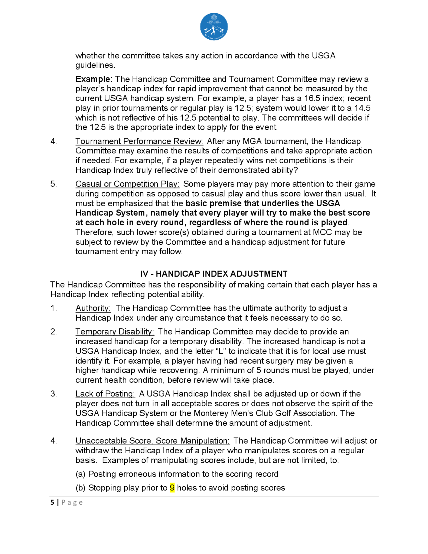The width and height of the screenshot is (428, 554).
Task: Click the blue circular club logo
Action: tap(214, 27)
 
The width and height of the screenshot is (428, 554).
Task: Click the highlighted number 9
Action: tap(172, 488)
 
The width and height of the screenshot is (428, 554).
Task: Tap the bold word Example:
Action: tap(94, 79)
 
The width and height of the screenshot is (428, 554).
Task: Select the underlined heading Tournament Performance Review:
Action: tap(139, 141)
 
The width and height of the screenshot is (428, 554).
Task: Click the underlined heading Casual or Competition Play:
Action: tap(127, 184)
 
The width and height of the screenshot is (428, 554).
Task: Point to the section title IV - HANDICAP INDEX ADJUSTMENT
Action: tap(214, 274)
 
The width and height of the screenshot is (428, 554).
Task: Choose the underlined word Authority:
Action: tap(93, 308)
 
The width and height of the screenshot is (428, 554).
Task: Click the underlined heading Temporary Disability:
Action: tap(115, 332)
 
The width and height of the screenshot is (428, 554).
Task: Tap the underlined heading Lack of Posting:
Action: tap(105, 394)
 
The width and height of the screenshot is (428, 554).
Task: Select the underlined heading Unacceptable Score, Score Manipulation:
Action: tap(153, 441)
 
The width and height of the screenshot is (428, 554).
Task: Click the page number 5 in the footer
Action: tap(52, 502)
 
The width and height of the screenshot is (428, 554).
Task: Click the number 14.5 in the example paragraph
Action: tap(362, 108)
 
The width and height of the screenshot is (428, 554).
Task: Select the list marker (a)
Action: tap(80, 474)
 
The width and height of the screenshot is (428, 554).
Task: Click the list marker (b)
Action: tap(80, 488)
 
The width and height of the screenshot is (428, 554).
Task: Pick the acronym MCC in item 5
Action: tap(322, 232)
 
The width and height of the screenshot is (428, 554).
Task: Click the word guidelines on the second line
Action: tap(95, 65)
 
